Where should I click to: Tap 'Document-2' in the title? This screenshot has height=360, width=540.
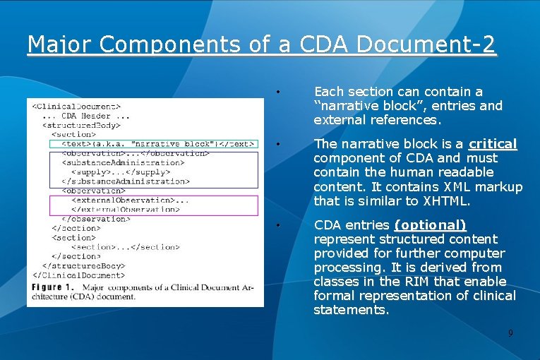(426, 44)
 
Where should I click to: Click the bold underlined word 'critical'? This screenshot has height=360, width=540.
(493, 144)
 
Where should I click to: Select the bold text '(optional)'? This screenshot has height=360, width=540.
(430, 225)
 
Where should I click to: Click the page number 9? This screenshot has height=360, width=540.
(510, 332)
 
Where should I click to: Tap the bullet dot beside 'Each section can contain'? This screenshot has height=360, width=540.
(280, 92)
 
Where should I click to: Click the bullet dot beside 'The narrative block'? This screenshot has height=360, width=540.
(280, 145)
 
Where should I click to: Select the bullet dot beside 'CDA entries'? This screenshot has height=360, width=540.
(280, 226)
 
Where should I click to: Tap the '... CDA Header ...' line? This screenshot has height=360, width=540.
(85, 116)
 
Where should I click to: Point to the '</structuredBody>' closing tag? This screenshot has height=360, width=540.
(83, 266)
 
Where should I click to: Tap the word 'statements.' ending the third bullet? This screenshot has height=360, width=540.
(351, 310)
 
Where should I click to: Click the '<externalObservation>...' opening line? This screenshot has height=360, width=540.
(131, 200)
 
